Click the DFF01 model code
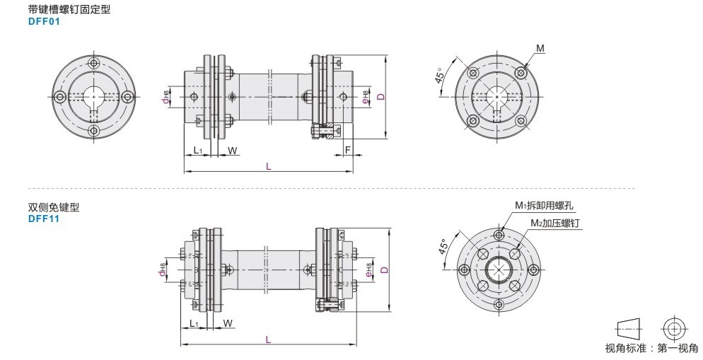(44, 21)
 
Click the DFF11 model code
(44, 219)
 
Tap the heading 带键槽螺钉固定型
(69, 9)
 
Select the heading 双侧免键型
(54, 207)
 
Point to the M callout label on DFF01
(540, 48)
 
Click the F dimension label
(347, 150)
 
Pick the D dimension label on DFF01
(381, 96)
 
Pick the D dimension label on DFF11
(385, 270)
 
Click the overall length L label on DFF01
(269, 166)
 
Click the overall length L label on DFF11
(268, 339)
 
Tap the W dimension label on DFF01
(232, 151)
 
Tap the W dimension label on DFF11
(228, 323)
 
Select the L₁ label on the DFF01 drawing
(198, 150)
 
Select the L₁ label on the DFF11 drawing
(194, 323)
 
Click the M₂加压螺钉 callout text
(558, 223)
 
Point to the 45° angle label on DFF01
(440, 75)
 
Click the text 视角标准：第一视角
(651, 348)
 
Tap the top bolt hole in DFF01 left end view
(94, 62)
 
